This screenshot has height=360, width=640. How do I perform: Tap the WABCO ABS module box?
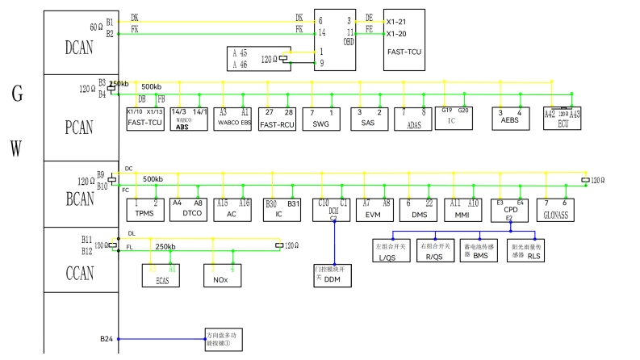188,119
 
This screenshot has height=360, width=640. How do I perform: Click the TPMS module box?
145,209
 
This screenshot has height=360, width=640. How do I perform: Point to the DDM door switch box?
332,274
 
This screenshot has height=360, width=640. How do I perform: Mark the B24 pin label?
106,338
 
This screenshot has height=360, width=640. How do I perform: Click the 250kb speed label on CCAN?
166,245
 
